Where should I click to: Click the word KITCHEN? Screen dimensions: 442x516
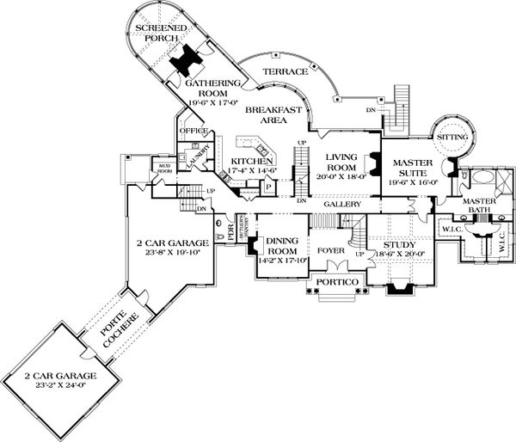click(252, 161)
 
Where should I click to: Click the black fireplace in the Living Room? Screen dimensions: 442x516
click(372, 163)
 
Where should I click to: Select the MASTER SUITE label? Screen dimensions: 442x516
click(416, 167)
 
